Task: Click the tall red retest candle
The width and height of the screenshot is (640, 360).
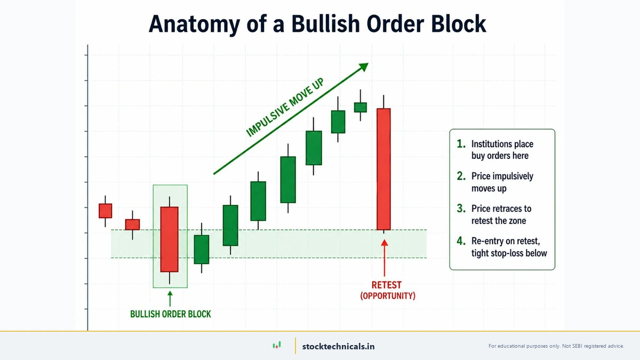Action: [x=383, y=169]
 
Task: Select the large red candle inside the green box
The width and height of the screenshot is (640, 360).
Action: [x=170, y=239]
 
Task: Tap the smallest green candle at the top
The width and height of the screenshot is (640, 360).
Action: [x=361, y=107]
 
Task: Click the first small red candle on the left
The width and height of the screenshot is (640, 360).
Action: [x=106, y=211]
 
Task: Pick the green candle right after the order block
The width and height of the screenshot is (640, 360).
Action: [x=201, y=249]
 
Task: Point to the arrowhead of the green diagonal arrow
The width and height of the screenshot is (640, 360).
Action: [x=364, y=67]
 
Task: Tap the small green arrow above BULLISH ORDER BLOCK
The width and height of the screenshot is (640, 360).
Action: [x=170, y=298]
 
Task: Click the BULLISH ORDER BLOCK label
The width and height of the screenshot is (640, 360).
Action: [x=170, y=314]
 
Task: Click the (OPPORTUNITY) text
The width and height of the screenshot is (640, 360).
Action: [x=387, y=295]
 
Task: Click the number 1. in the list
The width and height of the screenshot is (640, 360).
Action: [x=461, y=144]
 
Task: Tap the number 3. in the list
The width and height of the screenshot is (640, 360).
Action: [x=461, y=209]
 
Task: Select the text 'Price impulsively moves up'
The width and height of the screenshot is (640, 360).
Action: [x=502, y=182]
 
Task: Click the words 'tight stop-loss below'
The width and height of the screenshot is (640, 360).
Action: [x=509, y=253]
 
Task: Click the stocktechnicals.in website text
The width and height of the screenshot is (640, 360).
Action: [x=338, y=346]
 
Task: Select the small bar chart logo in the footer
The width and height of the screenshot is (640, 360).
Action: [x=276, y=346]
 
